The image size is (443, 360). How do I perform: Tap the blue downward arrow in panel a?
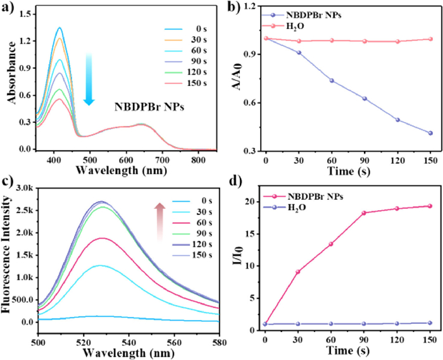tap(89, 78)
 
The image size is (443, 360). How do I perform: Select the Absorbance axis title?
tap(8, 78)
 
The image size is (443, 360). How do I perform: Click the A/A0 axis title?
tap(237, 78)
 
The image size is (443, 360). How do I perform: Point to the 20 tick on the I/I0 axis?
tap(251, 201)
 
